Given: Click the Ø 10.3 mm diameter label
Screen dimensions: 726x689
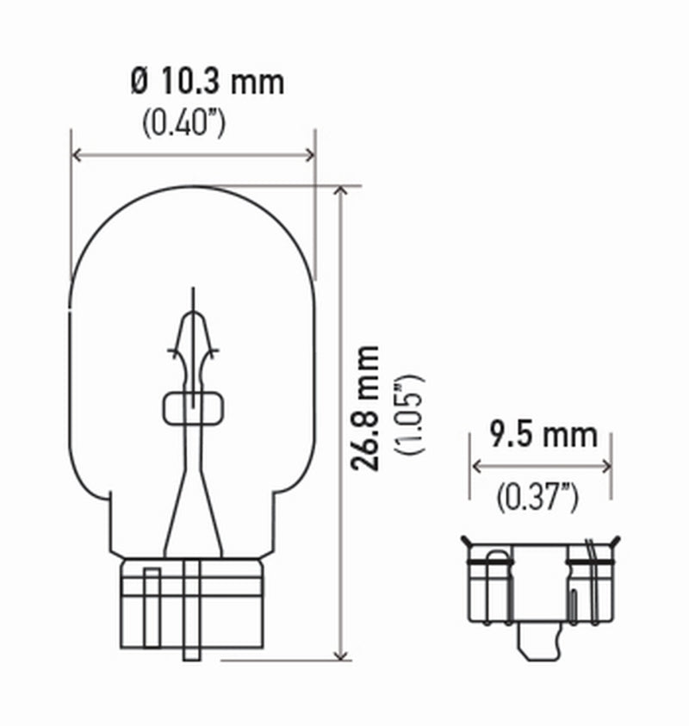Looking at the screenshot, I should click(x=207, y=83).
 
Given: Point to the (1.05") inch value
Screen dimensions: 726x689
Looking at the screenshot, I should click(x=406, y=414).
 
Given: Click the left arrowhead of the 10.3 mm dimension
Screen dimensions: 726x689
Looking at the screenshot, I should click(x=76, y=155).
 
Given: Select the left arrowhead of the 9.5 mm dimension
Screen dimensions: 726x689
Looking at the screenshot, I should click(x=475, y=466).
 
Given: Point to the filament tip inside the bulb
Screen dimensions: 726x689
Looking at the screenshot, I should click(x=193, y=297).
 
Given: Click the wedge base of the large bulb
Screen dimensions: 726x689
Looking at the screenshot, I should click(x=193, y=603).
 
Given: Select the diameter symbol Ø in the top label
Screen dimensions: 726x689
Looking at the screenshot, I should click(x=140, y=83).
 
